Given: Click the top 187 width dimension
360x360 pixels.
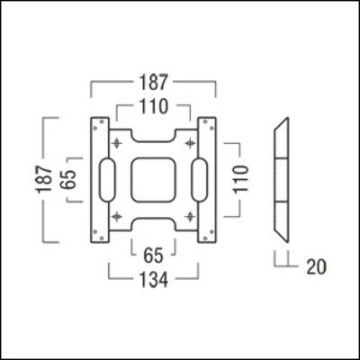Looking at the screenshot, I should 153,84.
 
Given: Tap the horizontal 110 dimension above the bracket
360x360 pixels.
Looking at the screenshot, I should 153,107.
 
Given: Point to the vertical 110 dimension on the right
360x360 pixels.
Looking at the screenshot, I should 240,178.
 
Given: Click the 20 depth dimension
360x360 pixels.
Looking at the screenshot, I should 314,266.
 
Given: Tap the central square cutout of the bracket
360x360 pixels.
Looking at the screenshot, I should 153,179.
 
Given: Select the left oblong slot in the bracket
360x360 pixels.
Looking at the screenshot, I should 107,179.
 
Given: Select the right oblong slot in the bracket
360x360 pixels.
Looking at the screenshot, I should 199,179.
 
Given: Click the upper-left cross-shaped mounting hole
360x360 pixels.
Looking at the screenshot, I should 117,144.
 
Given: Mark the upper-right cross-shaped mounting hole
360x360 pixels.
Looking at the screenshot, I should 189,144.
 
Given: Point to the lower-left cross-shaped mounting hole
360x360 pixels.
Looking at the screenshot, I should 117,214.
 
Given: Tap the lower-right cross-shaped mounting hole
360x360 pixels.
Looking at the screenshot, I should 189,214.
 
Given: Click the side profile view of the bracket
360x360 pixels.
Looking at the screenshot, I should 281,179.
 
